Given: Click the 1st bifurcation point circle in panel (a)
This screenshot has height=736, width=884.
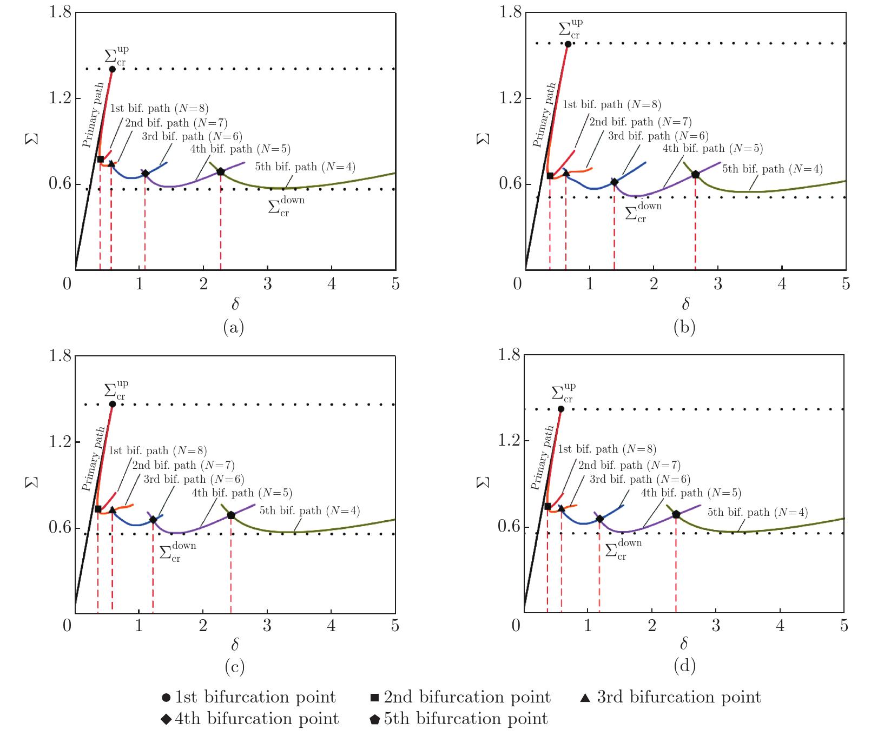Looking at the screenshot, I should (112, 69).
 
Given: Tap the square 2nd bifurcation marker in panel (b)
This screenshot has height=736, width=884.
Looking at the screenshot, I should (550, 175).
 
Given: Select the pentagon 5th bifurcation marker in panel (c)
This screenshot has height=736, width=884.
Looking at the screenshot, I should (231, 515).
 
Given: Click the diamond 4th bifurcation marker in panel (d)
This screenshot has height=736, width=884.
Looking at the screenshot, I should (599, 519).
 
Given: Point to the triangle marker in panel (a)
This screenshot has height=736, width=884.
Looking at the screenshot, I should (111, 164).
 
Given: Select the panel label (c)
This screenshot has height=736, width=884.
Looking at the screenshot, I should (234, 667).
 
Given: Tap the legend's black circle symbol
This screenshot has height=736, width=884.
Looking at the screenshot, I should (166, 698).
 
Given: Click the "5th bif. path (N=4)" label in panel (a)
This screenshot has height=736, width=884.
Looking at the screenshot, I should (305, 167).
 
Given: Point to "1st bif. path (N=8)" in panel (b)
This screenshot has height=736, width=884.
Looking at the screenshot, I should (611, 104).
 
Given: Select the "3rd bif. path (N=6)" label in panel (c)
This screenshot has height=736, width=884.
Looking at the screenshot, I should (194, 479).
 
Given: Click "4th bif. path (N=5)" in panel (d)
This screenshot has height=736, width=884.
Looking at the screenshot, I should (691, 493).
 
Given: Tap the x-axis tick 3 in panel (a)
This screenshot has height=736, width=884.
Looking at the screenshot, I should (267, 284).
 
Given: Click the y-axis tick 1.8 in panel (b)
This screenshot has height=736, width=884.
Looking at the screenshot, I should (510, 12).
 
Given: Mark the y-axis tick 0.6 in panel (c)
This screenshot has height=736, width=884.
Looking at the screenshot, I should (60, 527).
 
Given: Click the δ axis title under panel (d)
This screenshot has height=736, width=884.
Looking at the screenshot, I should (684, 644).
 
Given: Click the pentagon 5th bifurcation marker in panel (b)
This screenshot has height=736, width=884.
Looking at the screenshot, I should (695, 175).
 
